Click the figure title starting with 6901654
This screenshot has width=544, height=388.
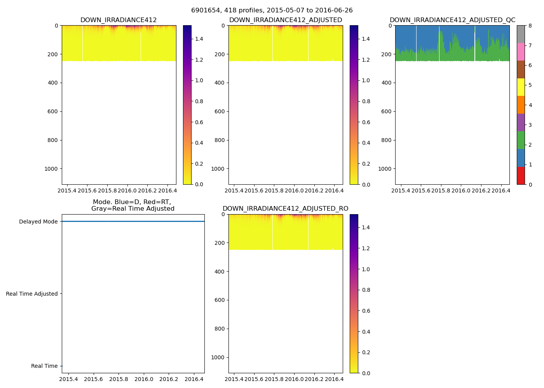pos(272,10)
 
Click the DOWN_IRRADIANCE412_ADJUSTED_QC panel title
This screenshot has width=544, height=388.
pos(452,20)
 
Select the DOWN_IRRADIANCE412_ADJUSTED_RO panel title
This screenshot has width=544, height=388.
pos(285,209)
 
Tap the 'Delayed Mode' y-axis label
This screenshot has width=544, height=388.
pos(38,222)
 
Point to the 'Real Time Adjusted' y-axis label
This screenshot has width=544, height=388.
pos(31,294)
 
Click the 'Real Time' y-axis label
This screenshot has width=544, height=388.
pos(44,366)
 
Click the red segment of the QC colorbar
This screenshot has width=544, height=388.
pos(521,175)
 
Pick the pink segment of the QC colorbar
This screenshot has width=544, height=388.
pos(521,52)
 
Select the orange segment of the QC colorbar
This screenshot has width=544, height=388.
pos(521,105)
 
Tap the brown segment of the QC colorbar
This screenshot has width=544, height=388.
pos(521,69)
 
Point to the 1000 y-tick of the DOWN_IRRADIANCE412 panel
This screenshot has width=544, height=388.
pos(51,169)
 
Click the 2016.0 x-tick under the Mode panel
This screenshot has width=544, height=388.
pos(144,379)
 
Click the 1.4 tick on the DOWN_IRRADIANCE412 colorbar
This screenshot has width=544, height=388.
pos(199,39)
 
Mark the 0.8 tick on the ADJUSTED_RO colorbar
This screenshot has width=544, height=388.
pos(366,290)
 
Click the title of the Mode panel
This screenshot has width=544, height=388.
pos(133,205)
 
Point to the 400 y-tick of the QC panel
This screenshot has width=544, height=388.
pos(386,83)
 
